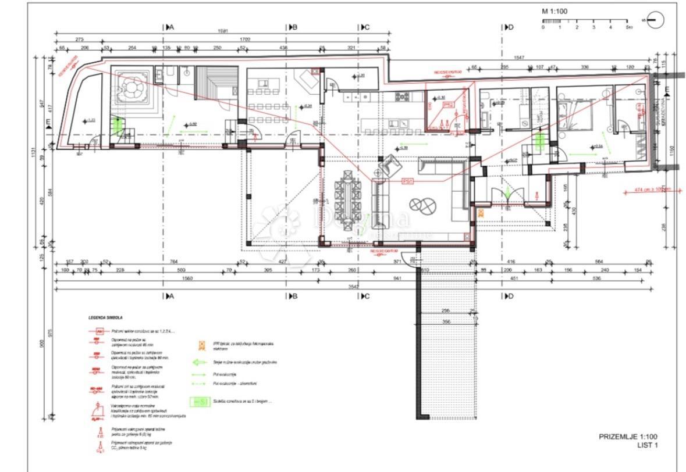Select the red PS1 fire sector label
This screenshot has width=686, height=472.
pos(407,182)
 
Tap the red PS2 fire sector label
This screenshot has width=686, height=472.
pos(447,105)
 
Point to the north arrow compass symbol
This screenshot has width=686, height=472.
pos(655,20)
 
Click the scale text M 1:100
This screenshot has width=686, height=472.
pos(555,11)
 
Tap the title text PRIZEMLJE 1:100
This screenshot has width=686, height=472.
pos(628,437)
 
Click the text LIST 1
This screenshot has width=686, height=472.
pos(647,446)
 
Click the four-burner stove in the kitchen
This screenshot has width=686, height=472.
pos(403,96)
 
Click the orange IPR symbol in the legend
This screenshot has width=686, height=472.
pos(201,345)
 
